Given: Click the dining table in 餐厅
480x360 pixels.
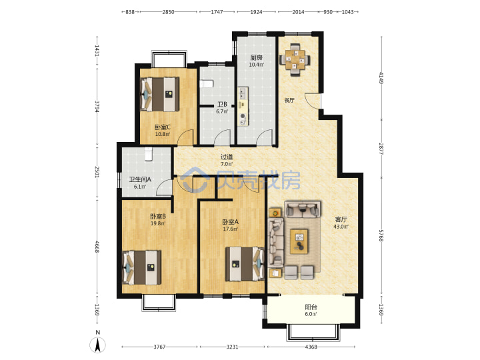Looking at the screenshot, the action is tap(295, 59).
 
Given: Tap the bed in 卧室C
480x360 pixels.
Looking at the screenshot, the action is tap(159, 94).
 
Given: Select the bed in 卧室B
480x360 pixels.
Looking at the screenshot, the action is tap(142, 267).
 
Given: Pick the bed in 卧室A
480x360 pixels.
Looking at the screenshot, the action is tap(245, 264).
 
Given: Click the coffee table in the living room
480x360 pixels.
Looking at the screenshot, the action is tap(299, 241).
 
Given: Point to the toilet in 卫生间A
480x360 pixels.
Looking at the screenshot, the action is tap(149, 154).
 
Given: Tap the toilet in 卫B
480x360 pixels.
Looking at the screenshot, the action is tap(206, 84).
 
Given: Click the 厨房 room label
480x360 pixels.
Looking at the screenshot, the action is tap(256, 57).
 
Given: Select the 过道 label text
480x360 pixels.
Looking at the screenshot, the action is tap(227, 157).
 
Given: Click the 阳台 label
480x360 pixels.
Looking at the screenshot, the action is tap(311, 307).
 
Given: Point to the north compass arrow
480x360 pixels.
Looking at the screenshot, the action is tap(97, 345).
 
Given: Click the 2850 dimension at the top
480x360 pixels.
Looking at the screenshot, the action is tap(168, 12).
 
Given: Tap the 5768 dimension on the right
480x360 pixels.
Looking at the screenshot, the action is tap(381, 236).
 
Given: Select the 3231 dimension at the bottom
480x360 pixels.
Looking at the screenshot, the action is tap(232, 347).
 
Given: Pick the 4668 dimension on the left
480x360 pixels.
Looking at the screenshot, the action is tap(97, 247).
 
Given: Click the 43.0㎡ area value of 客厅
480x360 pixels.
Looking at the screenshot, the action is tap(341, 227).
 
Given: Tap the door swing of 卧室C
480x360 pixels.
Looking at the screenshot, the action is tap(187, 137).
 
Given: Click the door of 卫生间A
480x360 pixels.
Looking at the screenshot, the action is tap(164, 187).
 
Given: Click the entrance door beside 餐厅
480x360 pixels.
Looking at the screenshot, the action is tap(313, 101).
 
